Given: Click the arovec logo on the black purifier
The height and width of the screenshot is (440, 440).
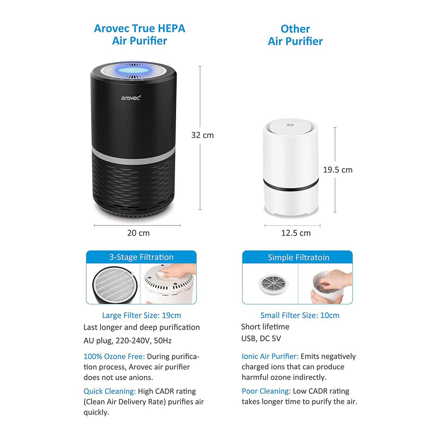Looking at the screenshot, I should (x=130, y=98).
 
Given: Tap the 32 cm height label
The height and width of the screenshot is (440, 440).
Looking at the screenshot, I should (x=202, y=135).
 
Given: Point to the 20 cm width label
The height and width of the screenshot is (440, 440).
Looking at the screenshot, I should (x=138, y=233).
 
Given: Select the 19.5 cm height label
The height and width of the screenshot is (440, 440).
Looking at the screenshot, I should (x=337, y=170).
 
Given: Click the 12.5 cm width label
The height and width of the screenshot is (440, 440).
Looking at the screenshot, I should (x=296, y=233).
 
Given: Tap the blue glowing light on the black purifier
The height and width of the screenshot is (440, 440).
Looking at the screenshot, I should (x=133, y=69).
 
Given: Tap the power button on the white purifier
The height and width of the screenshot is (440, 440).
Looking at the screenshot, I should (x=290, y=125).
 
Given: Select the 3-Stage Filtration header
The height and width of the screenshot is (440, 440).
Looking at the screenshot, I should (x=141, y=257).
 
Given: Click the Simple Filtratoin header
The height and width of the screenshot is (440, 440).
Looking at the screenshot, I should (x=298, y=258).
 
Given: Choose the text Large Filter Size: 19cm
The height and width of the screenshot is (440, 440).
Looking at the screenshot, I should (x=141, y=316).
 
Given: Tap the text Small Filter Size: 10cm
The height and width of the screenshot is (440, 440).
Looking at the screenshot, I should (x=300, y=316).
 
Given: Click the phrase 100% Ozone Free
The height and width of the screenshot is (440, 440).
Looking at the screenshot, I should (x=114, y=357).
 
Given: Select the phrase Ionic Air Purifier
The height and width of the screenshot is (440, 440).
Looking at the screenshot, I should (x=270, y=357).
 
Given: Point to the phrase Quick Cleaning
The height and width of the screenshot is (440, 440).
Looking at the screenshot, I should (x=109, y=391).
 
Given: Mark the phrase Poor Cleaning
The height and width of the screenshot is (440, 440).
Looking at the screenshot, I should (x=266, y=391).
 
